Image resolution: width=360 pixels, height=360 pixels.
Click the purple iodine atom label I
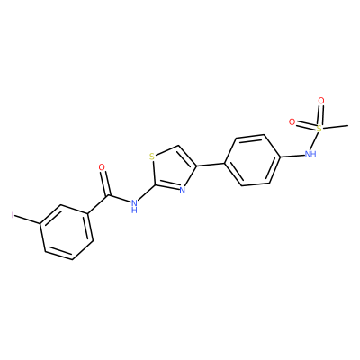click(13, 215)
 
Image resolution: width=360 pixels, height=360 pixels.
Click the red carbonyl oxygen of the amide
click(102, 167)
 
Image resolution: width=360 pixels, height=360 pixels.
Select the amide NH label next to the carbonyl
click(134, 206)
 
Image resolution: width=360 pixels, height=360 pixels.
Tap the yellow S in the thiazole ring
click(152, 157)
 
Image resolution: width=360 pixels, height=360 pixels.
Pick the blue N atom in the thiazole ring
click(182, 190)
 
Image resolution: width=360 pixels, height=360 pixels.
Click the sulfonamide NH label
click(310, 154)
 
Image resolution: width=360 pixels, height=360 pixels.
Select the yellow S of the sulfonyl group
click(319, 129)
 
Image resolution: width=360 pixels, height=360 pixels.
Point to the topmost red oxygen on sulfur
click(321, 101)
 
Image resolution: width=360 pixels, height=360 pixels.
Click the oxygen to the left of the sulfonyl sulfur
click(292, 121)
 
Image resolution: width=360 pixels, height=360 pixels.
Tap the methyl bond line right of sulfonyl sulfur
click(336, 126)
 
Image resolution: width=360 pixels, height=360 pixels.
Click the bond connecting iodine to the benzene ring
click(28, 220)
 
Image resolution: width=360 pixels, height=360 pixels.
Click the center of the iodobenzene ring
click(67, 232)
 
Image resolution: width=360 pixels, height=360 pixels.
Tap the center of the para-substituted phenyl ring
click(253, 160)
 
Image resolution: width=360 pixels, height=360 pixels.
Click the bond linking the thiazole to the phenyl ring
click(211, 165)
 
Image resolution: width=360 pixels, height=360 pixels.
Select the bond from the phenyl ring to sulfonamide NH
click(292, 156)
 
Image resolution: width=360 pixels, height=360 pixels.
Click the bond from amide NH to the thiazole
click(147, 193)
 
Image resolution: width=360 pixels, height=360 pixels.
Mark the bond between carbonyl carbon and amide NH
click(119, 199)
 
